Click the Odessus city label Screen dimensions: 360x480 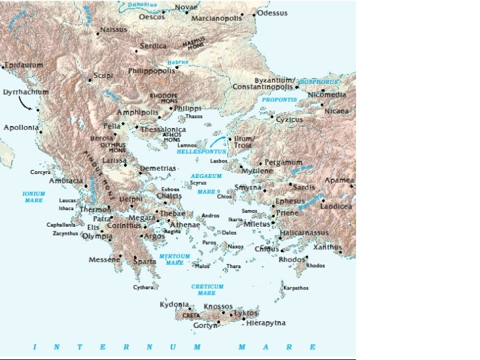coord(273,13)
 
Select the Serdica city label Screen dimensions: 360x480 coord(153,46)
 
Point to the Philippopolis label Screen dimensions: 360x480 coord(152,70)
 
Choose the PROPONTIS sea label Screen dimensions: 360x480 coord(283,99)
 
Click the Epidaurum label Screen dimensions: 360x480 coord(24,65)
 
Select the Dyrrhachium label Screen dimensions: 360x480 coord(26,92)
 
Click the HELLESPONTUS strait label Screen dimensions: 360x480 coord(201,152)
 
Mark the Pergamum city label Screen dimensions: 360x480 coord(284,162)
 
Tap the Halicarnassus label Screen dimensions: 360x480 coord(305,233)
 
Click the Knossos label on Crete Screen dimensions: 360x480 coord(218,307)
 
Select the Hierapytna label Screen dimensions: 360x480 coord(266,323)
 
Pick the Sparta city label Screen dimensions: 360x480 coord(145,261)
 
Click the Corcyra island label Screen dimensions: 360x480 coord(40,172)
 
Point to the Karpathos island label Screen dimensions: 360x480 coord(296,288)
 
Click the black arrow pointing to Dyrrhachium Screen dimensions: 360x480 coord(26,102)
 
